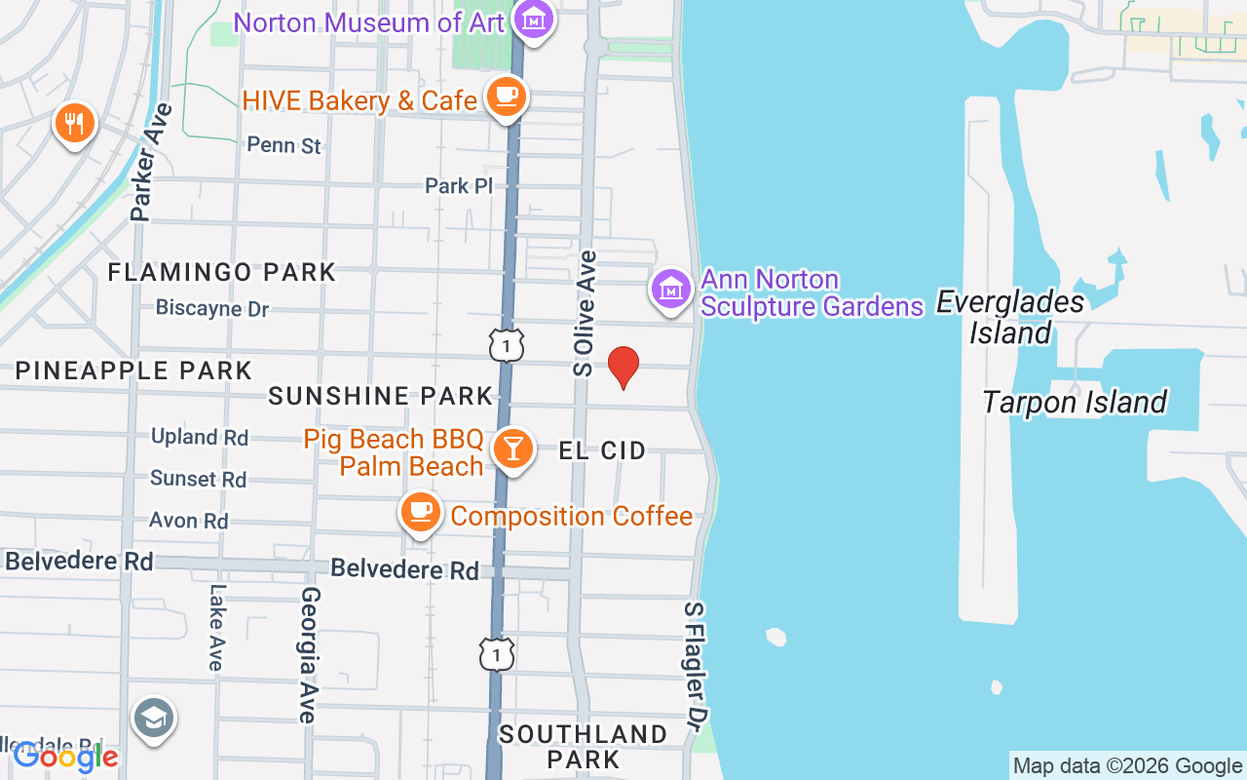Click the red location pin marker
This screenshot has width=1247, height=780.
tap(623, 367)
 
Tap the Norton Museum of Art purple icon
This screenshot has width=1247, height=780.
tap(534, 19)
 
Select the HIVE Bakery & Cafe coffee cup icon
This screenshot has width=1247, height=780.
tap(506, 97)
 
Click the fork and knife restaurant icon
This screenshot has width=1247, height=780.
tap(74, 123)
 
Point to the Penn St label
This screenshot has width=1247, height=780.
tap(283, 145)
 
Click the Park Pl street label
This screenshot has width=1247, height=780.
tap(459, 185)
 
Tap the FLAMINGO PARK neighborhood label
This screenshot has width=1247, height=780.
tap(221, 272)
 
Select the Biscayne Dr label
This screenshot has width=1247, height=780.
tap(211, 309)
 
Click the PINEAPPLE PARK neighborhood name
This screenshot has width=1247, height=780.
tap(133, 370)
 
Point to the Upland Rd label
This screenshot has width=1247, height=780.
tap(200, 437)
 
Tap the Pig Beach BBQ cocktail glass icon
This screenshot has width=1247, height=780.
tap(512, 449)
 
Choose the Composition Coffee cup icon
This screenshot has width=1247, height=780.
tap(420, 511)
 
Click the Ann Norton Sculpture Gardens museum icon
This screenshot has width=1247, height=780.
tap(670, 290)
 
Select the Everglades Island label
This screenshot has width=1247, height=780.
tap(1010, 317)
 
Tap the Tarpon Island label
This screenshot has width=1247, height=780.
tap(1074, 402)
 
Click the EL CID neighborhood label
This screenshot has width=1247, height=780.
tap(602, 450)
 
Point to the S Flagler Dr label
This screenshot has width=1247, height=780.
tap(695, 664)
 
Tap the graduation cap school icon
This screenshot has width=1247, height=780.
tap(153, 719)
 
